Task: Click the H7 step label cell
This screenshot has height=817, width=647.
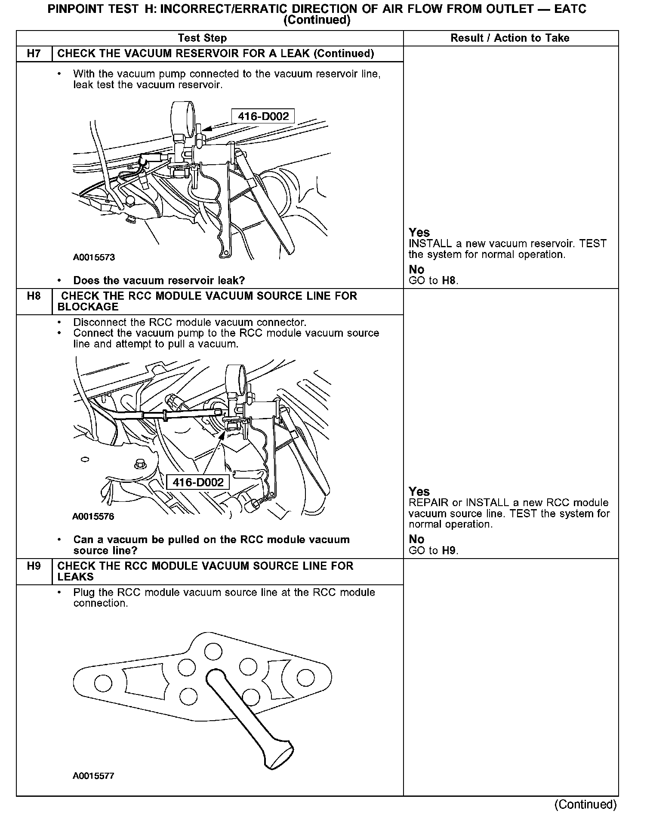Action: tap(34, 54)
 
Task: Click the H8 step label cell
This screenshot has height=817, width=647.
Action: tap(34, 296)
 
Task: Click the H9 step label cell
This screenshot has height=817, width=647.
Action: tap(34, 566)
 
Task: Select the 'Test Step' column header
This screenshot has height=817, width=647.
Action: tap(202, 38)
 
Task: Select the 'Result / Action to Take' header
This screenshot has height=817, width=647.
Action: tap(510, 38)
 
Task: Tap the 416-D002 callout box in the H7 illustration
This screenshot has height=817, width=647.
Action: tap(263, 116)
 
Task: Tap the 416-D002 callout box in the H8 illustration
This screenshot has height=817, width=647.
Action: tap(198, 482)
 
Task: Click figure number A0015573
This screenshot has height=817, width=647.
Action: tap(94, 258)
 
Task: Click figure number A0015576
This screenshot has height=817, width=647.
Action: tap(93, 516)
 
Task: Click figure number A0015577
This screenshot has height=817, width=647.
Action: tap(93, 776)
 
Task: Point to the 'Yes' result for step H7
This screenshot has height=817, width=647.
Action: tap(419, 233)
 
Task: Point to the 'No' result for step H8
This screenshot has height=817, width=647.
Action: tap(416, 539)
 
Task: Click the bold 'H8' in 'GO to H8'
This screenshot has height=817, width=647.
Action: tap(449, 281)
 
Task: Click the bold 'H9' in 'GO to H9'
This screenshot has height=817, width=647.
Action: tap(449, 551)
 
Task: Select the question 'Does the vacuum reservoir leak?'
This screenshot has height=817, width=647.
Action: tap(159, 281)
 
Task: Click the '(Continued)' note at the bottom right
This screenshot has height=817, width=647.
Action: tap(585, 804)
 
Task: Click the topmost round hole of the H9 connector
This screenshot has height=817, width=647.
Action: tap(213, 651)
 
